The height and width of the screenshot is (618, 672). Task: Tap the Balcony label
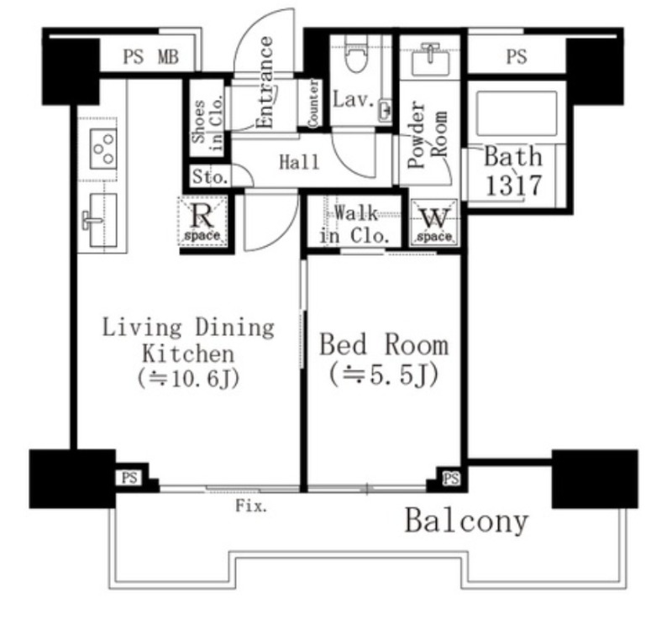pyautogui.click(x=466, y=521)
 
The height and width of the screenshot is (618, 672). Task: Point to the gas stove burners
pyautogui.click(x=103, y=149)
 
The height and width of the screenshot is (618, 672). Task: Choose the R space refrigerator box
pyautogui.click(x=202, y=222)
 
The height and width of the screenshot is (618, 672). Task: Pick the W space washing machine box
pyautogui.click(x=434, y=223)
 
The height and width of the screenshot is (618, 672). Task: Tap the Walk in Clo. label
pyautogui.click(x=354, y=224)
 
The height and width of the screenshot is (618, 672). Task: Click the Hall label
pyautogui.click(x=299, y=162)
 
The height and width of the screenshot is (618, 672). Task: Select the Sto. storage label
pyautogui.click(x=209, y=176)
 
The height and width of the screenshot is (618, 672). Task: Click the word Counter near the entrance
pyautogui.click(x=313, y=103)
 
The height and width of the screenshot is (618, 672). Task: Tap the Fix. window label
pyautogui.click(x=251, y=506)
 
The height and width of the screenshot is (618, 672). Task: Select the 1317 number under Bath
pyautogui.click(x=514, y=186)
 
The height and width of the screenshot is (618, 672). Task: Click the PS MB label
pyautogui.click(x=151, y=57)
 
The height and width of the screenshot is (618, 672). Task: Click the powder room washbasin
pyautogui.click(x=430, y=60)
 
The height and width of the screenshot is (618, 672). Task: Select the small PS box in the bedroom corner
pyautogui.click(x=451, y=478)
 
